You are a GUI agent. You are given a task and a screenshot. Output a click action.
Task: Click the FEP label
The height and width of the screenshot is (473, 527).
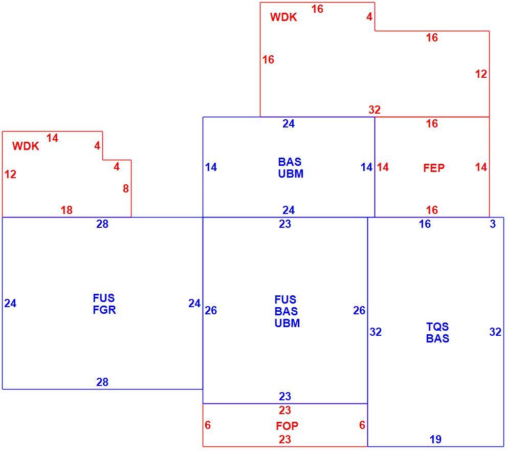point(433,168)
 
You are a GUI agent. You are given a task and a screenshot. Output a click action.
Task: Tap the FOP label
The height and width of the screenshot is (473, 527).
point(287,426)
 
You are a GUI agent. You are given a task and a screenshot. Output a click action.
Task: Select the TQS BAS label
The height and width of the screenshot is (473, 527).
point(437,332)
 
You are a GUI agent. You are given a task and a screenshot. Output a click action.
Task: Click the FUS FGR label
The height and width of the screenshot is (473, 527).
point(104,304)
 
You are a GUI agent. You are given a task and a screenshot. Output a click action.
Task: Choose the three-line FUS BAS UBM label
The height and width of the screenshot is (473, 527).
point(287,311)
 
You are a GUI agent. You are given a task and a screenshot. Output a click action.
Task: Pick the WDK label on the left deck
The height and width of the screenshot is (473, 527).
point(26,146)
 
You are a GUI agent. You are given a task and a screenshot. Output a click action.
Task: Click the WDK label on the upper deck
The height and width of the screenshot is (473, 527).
point(283,17)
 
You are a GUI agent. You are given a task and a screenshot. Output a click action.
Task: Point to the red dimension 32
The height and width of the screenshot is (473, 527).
point(375,110)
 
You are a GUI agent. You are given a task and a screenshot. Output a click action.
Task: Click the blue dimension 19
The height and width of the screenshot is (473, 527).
point(435,439)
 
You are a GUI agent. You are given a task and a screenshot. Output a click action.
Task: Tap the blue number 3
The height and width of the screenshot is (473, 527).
point(493,224)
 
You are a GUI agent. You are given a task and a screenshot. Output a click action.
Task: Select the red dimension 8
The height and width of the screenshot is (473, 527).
point(126,188)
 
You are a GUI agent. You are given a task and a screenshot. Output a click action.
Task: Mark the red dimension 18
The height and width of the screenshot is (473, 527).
point(67,210)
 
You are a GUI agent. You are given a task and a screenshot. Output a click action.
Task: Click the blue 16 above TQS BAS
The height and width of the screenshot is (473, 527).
point(425,224)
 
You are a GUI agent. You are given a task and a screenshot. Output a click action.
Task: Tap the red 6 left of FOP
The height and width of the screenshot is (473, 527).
point(208,425)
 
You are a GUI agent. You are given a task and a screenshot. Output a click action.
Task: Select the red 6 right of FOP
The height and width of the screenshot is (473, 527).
point(362,425)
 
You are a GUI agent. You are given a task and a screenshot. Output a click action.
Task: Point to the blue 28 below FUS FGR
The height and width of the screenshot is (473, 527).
point(102,382)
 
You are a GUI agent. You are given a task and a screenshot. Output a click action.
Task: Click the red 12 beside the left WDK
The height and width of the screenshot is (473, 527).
point(10,174)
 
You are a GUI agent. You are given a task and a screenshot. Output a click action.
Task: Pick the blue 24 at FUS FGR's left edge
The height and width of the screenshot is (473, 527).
point(10,304)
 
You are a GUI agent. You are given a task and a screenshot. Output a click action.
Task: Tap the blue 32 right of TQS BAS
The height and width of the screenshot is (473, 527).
point(495,332)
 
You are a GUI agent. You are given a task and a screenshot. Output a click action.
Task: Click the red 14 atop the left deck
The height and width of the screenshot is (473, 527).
point(52,138)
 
